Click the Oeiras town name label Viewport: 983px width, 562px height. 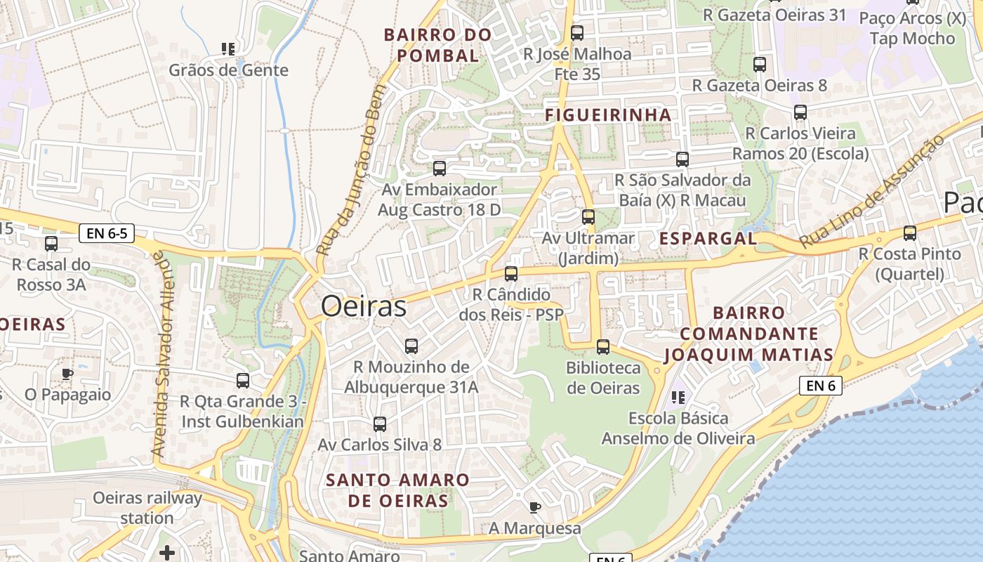pyautogui.click(x=364, y=307)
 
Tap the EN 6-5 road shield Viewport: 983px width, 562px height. pyautogui.click(x=107, y=233)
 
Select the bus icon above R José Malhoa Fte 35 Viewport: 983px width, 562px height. pyautogui.click(x=577, y=32)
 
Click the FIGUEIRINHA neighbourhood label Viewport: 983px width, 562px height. pyautogui.click(x=608, y=115)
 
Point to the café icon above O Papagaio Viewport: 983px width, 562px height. pyautogui.click(x=67, y=374)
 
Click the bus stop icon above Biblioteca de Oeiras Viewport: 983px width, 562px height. pyautogui.click(x=602, y=346)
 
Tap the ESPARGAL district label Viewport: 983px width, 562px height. pyautogui.click(x=708, y=239)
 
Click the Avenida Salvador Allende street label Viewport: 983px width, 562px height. pyautogui.click(x=162, y=355)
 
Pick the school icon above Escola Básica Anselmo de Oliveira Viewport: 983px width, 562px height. pyautogui.click(x=678, y=398)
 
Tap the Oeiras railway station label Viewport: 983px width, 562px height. pyautogui.click(x=147, y=508)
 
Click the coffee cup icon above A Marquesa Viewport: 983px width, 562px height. pyautogui.click(x=535, y=507)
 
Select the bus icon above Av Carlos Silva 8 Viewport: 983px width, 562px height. pyautogui.click(x=380, y=424)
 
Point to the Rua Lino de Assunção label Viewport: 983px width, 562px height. pyautogui.click(x=871, y=192)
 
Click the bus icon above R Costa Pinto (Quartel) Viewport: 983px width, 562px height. pyautogui.click(x=910, y=233)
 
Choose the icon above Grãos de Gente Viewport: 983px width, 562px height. pyautogui.click(x=228, y=48)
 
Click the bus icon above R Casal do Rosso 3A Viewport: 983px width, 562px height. pyautogui.click(x=51, y=244)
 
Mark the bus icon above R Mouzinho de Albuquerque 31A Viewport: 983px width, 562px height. pyautogui.click(x=411, y=346)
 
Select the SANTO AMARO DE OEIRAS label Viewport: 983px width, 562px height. pyautogui.click(x=398, y=490)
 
